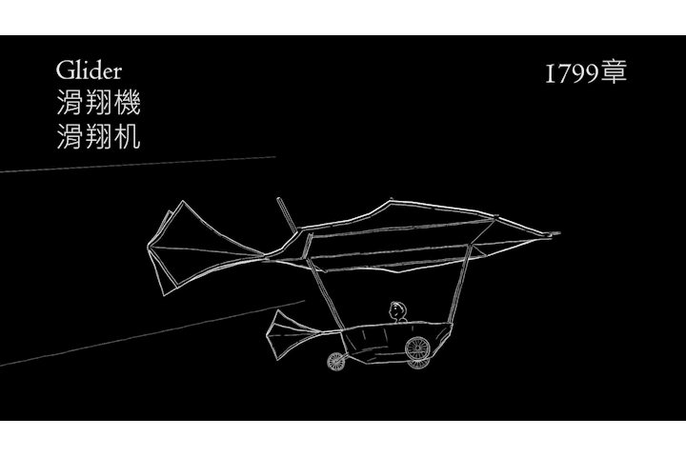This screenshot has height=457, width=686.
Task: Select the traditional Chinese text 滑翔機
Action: tap(98, 104)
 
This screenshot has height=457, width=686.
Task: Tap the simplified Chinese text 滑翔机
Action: tap(98, 136)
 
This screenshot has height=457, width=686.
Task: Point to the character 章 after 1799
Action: tap(615, 73)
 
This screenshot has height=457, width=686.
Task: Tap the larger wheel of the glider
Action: tap(418, 349)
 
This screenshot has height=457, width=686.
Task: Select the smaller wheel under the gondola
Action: tap(336, 361)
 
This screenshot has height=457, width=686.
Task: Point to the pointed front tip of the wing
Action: tap(555, 233)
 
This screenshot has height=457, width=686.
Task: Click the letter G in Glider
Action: tap(64, 71)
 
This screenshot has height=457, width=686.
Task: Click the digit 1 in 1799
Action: tap(550, 74)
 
